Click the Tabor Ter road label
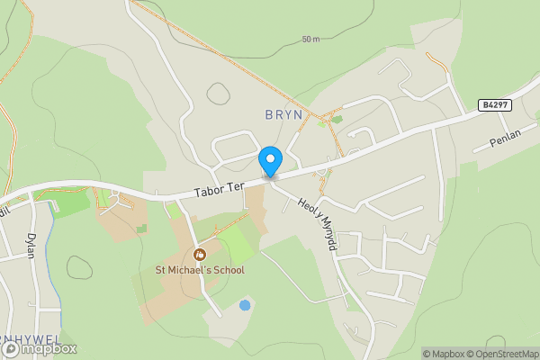(x=220, y=188)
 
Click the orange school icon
(x=200, y=254)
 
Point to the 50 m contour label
(x=311, y=40)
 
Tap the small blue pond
(x=245, y=305)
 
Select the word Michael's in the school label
(x=185, y=270)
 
